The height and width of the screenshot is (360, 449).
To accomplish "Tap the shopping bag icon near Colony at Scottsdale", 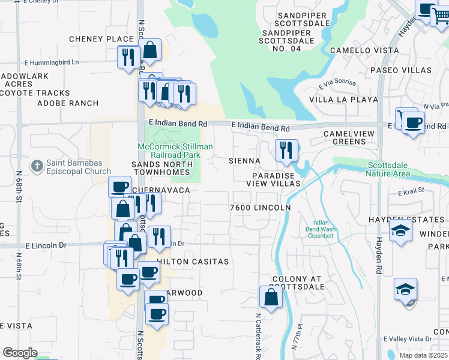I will (271, 296).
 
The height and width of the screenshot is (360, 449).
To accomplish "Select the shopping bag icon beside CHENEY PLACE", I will (149, 50).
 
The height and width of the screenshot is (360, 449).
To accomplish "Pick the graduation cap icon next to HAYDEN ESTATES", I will (400, 231).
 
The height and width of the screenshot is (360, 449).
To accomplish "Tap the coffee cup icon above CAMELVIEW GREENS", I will (412, 123).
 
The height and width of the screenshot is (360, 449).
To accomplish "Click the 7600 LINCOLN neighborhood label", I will (261, 208).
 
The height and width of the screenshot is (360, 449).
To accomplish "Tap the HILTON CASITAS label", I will (193, 262).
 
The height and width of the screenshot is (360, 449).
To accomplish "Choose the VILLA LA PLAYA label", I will (343, 100).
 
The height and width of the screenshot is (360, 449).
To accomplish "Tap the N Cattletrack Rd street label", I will (258, 336).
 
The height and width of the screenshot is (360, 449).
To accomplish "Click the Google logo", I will (20, 353).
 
